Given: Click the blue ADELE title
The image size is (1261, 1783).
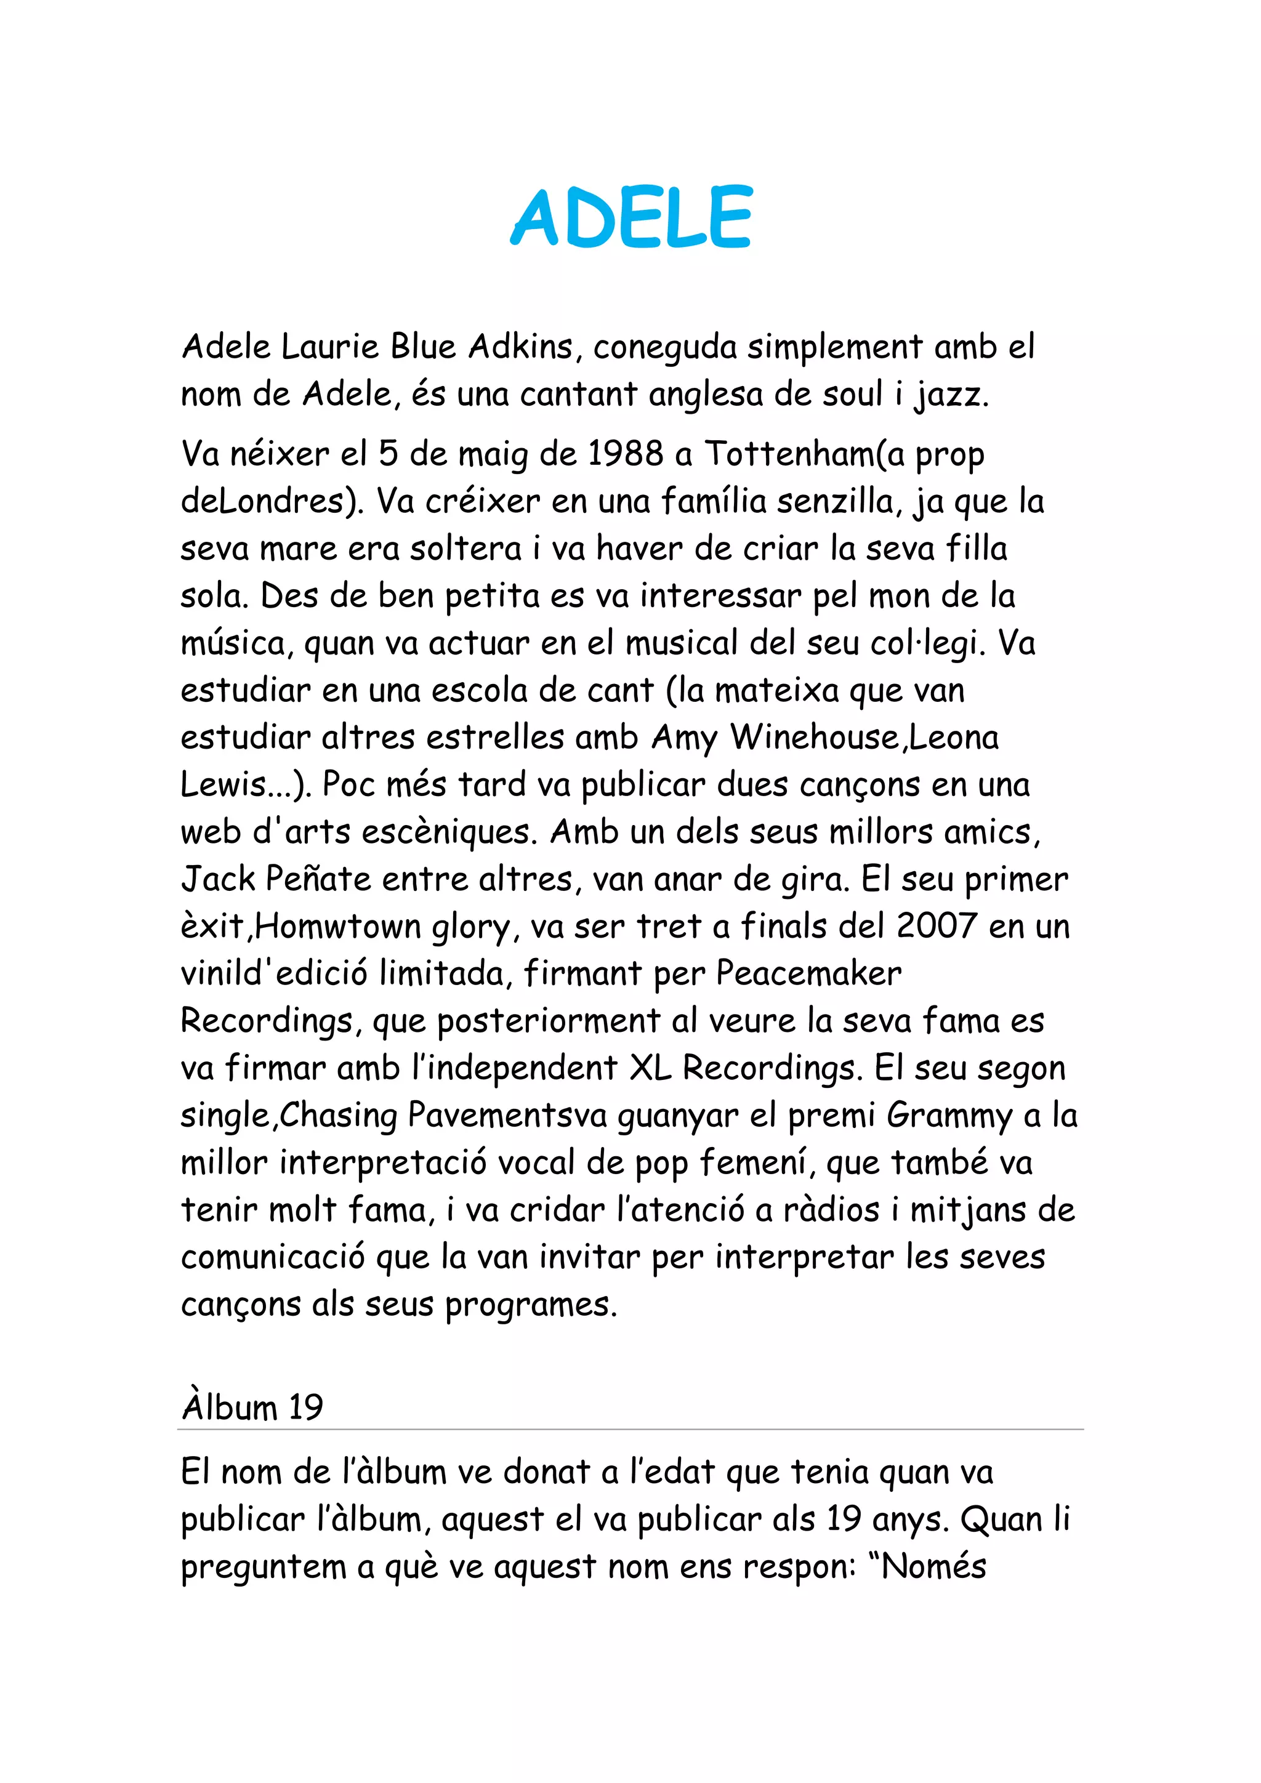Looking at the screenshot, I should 630,217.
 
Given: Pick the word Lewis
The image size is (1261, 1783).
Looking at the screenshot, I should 224,785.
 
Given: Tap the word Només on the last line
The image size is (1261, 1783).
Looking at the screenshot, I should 933,1567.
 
